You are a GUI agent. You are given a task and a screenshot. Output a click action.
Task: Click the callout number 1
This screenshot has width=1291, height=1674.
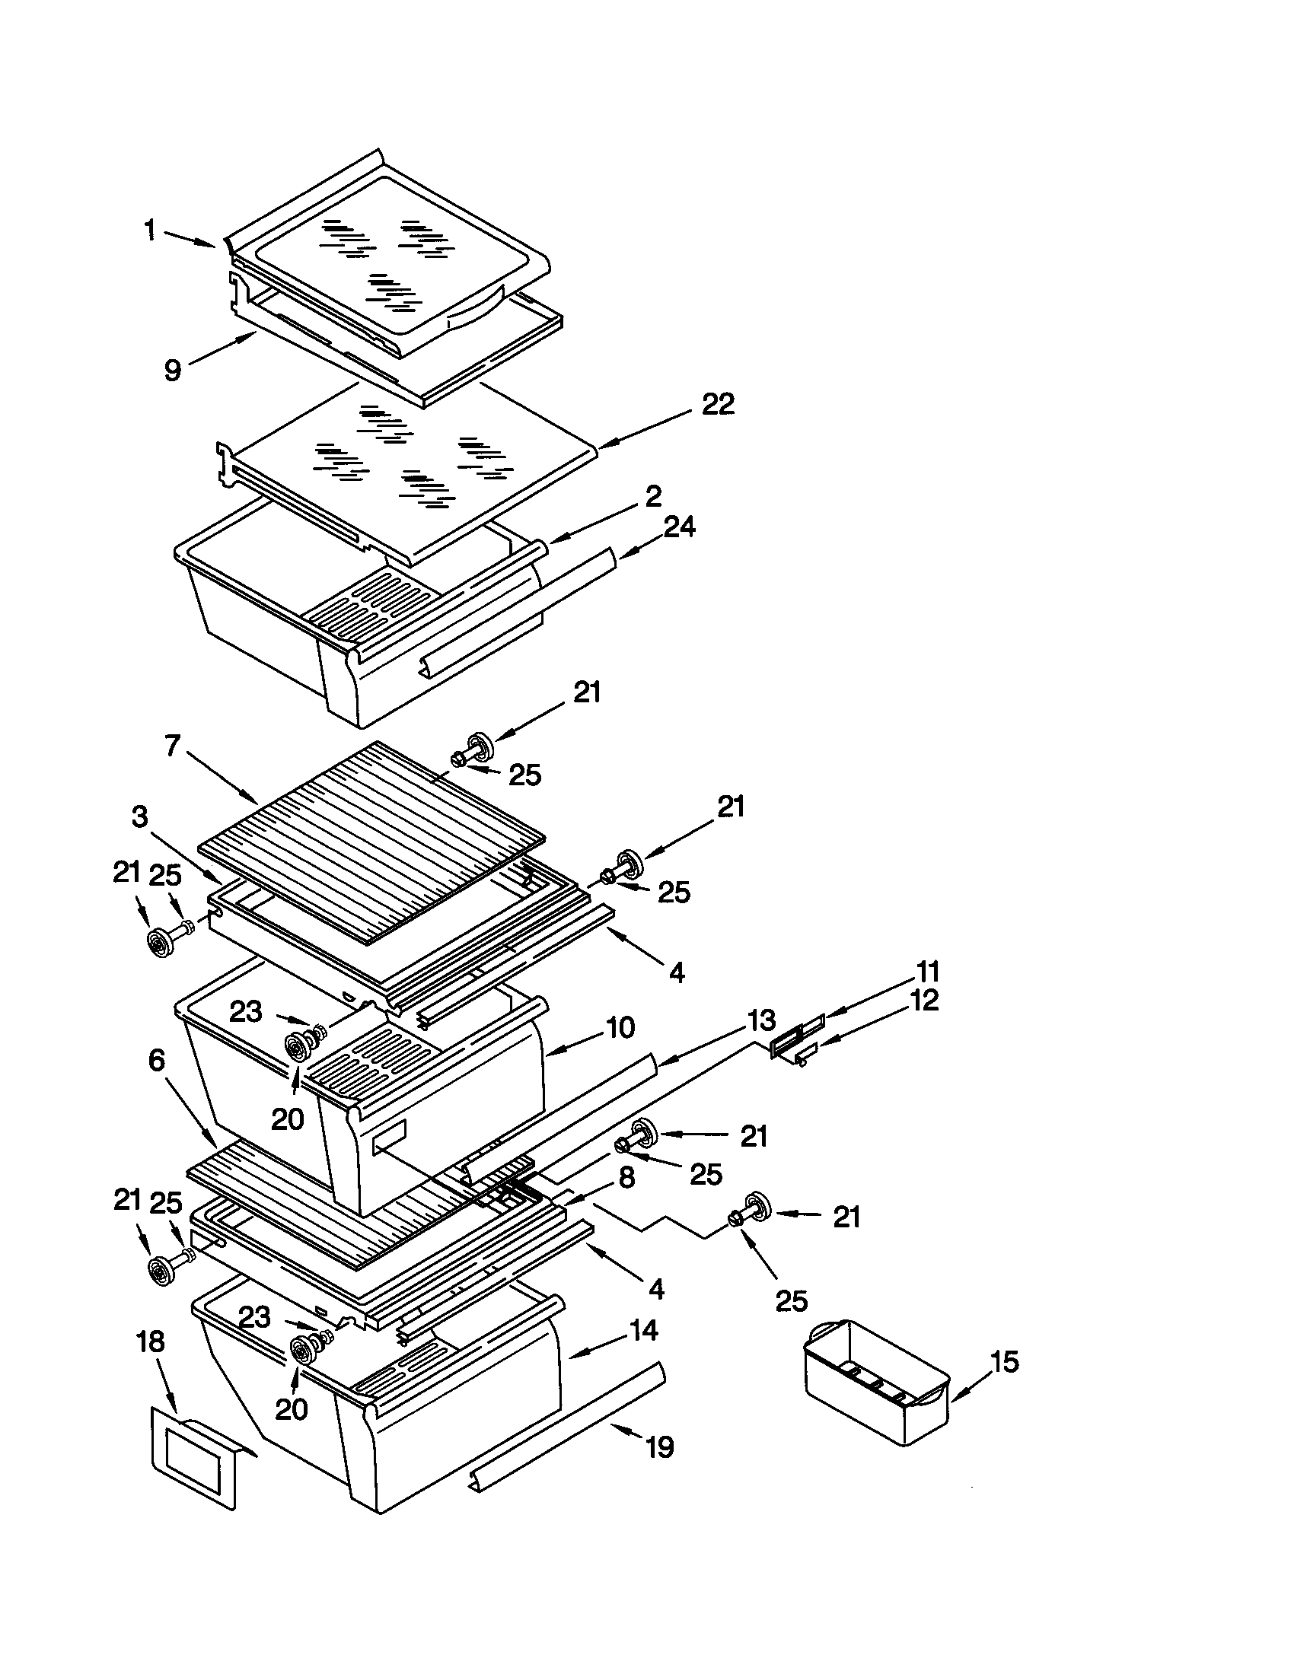(151, 230)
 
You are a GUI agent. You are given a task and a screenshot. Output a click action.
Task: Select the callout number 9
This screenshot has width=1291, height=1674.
(174, 371)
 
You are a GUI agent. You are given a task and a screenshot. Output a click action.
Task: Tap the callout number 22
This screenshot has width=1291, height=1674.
(719, 404)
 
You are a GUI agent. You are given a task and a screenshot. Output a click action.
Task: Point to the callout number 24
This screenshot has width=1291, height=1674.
(679, 527)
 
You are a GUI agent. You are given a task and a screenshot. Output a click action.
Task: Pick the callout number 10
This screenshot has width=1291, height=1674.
(619, 1027)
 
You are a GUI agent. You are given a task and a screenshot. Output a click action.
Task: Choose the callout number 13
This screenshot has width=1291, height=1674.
(761, 1020)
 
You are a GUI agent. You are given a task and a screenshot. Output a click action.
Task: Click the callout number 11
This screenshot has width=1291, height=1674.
(927, 972)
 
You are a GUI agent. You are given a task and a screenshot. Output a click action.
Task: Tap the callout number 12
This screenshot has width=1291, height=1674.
(926, 1001)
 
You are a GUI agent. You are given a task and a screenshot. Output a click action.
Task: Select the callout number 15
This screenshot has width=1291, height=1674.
(1004, 1362)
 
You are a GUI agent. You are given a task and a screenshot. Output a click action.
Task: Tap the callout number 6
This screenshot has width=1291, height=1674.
(156, 1061)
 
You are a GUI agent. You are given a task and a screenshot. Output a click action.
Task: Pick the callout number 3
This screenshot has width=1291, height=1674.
(139, 817)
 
